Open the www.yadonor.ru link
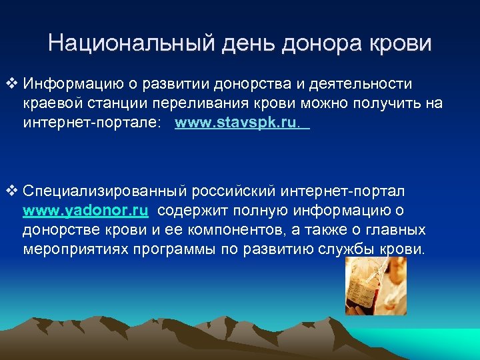pyautogui.click(x=85, y=211)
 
